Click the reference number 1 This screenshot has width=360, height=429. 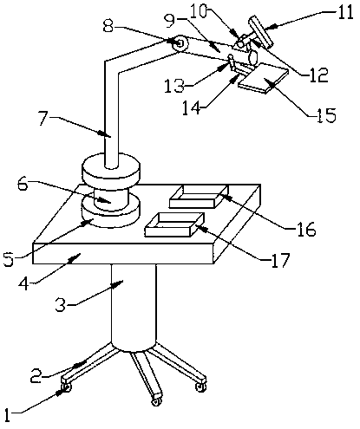point(7,416)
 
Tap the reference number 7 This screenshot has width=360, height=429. point(43,119)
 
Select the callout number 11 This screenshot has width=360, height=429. point(345,12)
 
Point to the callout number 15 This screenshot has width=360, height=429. point(327,115)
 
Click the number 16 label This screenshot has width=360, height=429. point(306,230)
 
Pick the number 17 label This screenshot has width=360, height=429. point(280,260)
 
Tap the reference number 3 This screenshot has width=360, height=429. point(61,304)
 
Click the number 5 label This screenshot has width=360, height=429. point(9,259)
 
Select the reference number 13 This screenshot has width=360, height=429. point(174,86)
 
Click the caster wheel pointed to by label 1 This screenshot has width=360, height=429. point(66,387)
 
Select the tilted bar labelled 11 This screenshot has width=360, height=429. point(260,32)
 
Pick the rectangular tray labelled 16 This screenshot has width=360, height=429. point(199,197)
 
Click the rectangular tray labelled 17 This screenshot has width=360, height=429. point(174,224)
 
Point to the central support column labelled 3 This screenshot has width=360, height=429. point(134,306)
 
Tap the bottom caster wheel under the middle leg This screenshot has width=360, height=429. point(156,401)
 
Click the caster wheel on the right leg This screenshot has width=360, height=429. point(200,387)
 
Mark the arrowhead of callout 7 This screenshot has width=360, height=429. point(106,134)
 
